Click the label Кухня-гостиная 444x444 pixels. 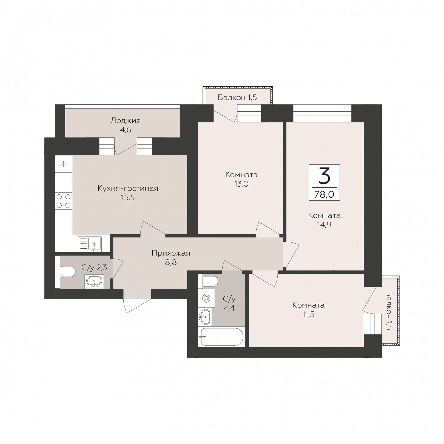128,189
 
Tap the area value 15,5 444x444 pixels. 128,198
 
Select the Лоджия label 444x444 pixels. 126,121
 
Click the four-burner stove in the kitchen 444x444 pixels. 63,201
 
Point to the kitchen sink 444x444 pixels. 90,244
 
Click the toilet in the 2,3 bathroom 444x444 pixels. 68,272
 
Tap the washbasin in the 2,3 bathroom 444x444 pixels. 94,281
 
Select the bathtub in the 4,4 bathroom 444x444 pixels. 222,337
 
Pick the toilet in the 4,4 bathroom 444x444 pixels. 210,281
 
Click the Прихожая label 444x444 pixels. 171,253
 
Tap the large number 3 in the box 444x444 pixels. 325,177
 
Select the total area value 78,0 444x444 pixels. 324,194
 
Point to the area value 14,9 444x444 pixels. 324,225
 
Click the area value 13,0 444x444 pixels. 241,184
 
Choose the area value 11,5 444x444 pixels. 308,314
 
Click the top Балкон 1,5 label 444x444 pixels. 237,97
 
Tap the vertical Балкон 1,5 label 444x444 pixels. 389,311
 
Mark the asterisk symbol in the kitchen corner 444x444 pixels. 63,164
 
